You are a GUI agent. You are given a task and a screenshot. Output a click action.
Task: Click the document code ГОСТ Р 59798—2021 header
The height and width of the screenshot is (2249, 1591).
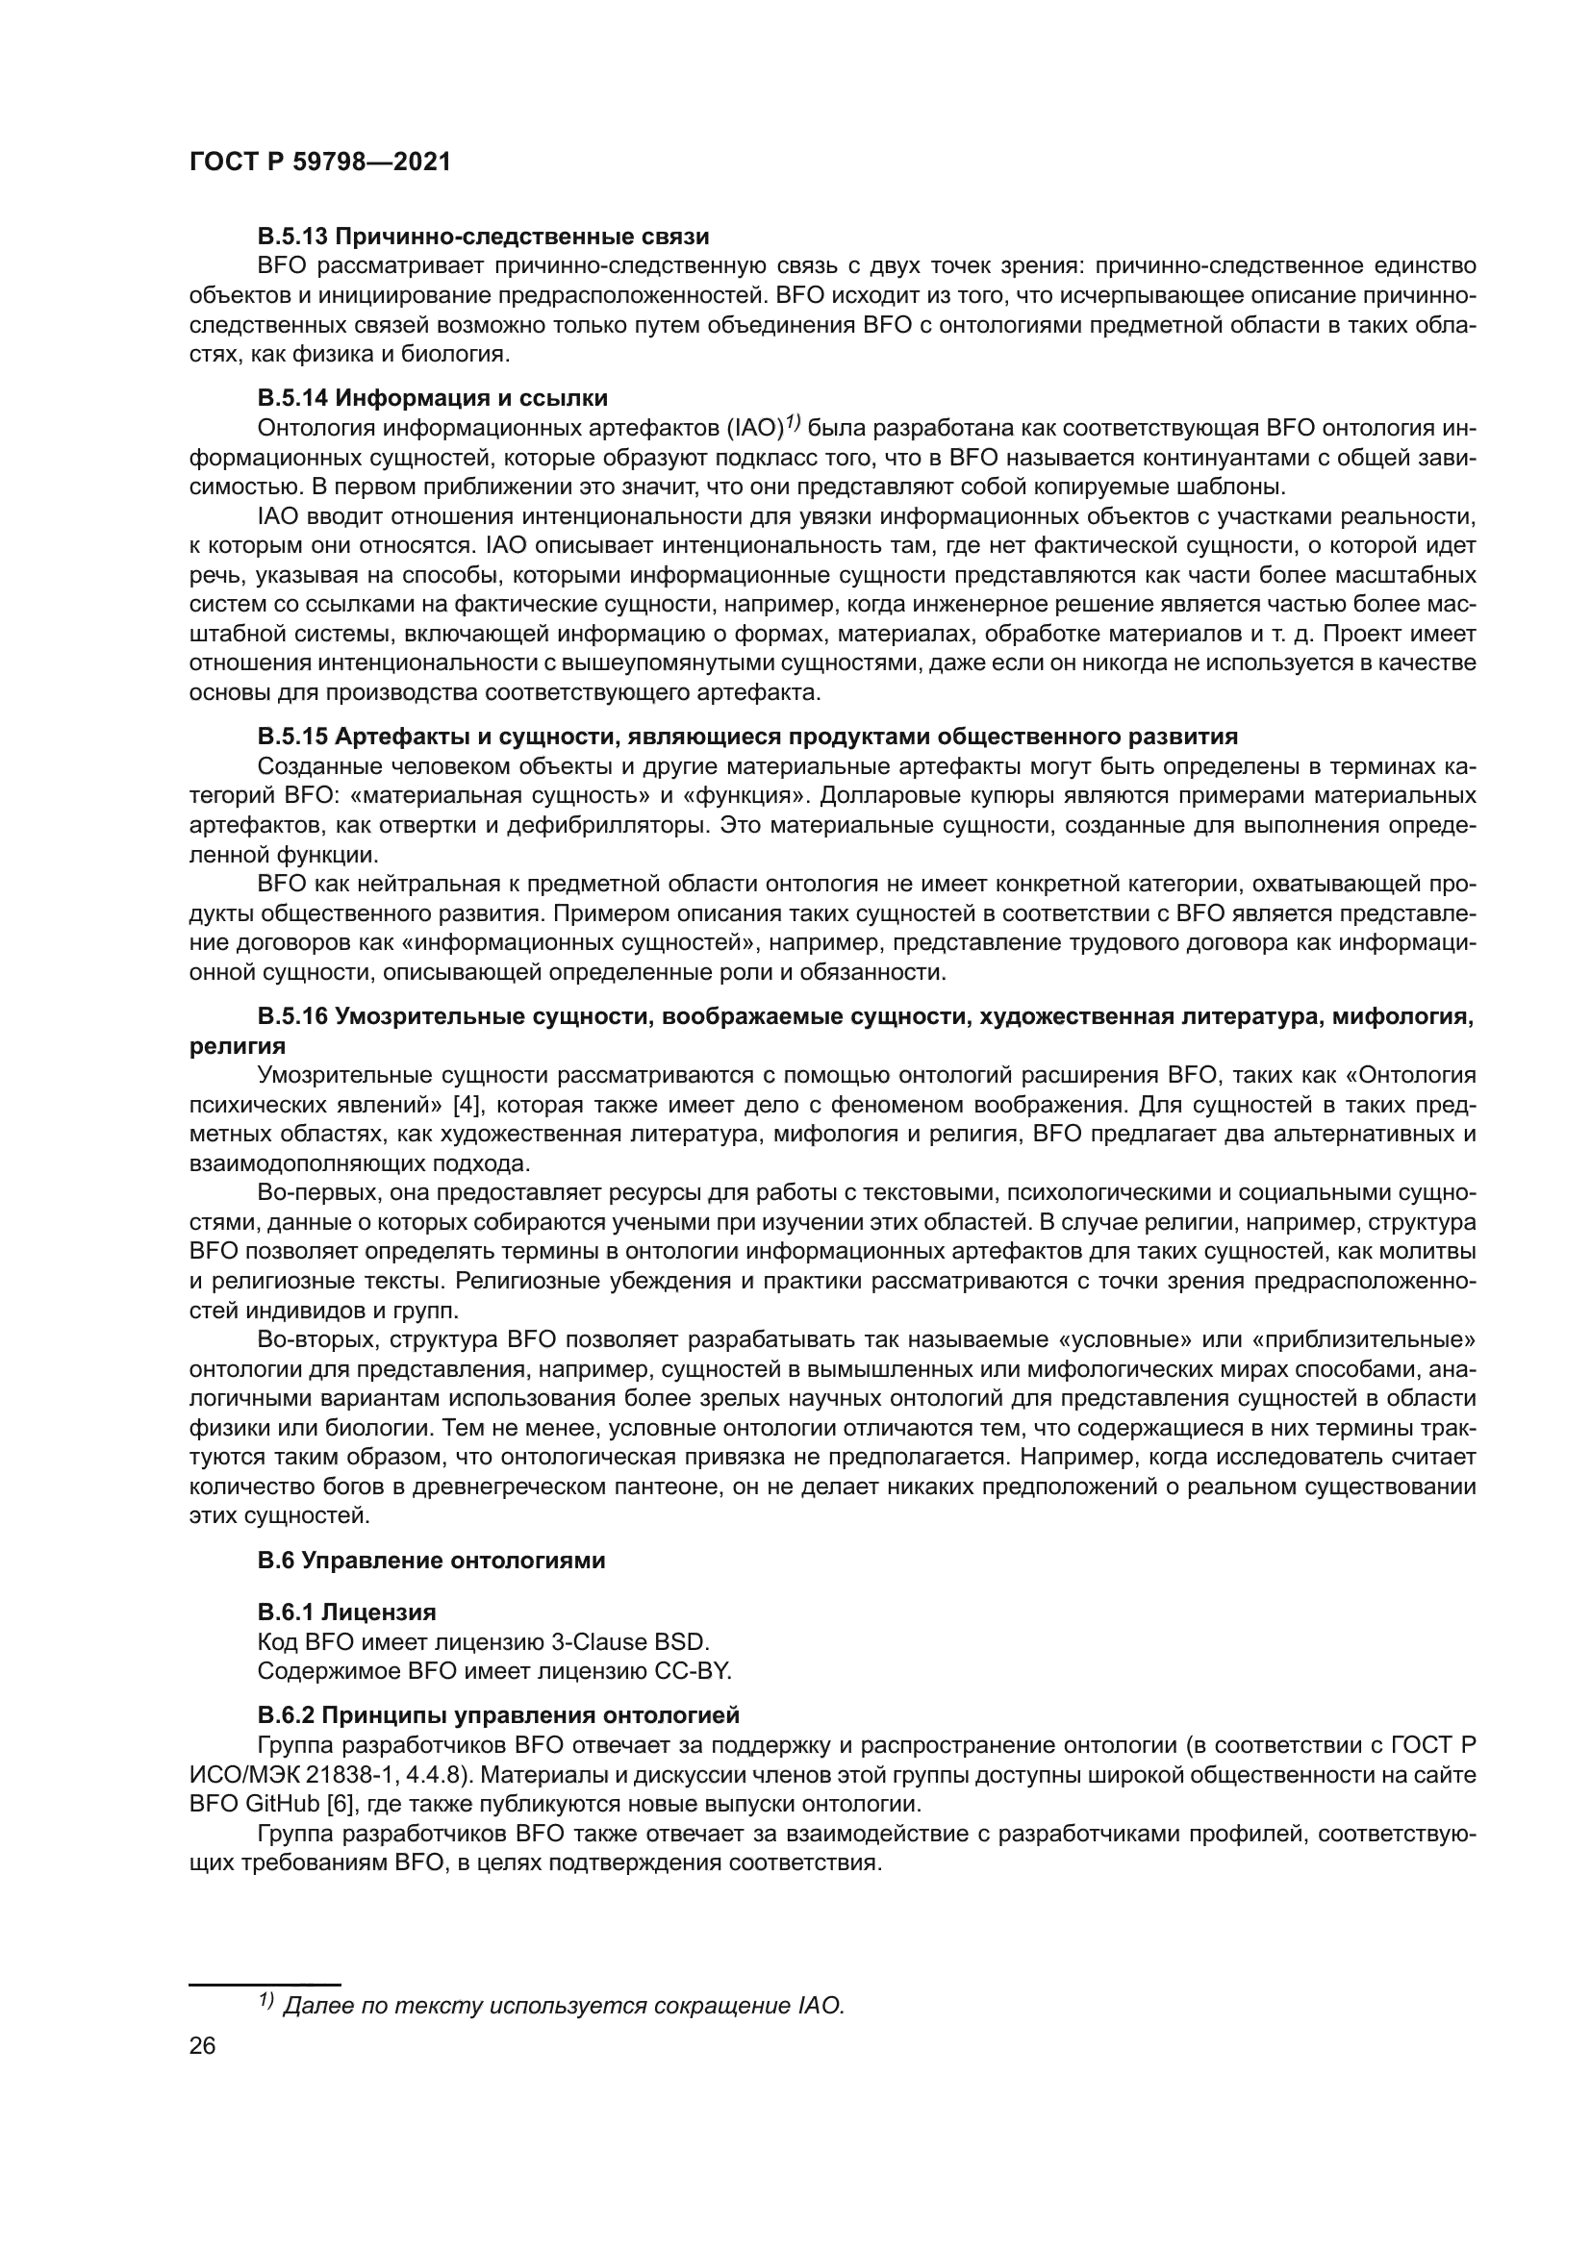319,162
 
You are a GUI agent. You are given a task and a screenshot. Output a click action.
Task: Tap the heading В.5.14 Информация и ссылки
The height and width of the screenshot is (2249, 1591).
432,398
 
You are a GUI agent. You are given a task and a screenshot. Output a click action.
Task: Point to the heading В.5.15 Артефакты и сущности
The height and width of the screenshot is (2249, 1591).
747,736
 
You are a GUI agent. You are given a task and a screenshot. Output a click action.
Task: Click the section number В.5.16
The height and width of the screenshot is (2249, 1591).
292,1016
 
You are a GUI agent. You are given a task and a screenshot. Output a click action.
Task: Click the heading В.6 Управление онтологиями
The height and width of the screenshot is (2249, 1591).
431,1561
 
